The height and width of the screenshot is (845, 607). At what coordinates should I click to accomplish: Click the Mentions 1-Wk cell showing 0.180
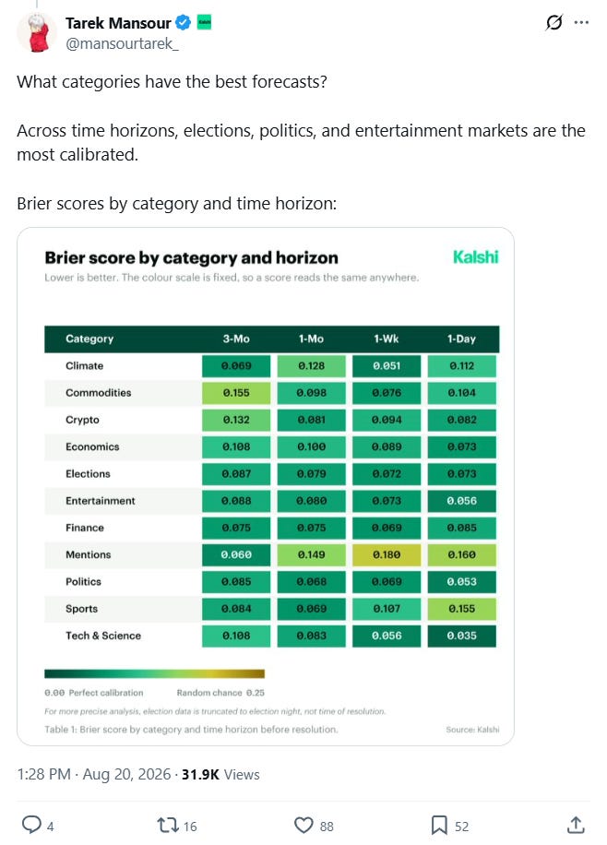[x=387, y=554]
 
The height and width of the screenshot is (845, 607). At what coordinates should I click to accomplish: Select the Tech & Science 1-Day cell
[x=462, y=636]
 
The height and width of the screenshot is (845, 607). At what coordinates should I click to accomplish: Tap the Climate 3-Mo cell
[x=236, y=366]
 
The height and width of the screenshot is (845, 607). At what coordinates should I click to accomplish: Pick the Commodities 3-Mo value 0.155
[x=236, y=393]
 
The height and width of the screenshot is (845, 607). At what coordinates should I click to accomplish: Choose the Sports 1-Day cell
[x=462, y=609]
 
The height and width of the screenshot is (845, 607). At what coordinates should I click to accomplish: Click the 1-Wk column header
[x=386, y=339]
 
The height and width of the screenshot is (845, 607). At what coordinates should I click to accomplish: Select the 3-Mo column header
[x=236, y=339]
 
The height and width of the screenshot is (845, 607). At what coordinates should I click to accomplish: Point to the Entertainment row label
[x=101, y=501]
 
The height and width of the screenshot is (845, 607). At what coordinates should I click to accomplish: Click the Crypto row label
[x=82, y=420]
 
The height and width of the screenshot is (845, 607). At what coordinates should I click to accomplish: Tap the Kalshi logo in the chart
[x=475, y=257]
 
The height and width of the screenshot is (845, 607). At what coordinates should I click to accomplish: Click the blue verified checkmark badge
[x=184, y=23]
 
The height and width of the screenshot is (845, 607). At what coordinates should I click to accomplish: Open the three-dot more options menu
[x=581, y=23]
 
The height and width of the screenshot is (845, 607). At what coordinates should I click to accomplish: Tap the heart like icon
[x=303, y=825]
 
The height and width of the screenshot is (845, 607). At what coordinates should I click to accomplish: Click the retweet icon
[x=167, y=825]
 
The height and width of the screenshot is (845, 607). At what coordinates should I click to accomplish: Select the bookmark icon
[x=439, y=825]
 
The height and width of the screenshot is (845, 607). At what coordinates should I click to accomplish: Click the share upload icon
[x=576, y=825]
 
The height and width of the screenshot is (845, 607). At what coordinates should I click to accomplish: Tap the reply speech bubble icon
[x=31, y=825]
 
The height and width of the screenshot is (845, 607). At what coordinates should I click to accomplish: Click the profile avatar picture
[x=37, y=32]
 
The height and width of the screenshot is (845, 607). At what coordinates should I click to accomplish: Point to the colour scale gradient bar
[x=154, y=673]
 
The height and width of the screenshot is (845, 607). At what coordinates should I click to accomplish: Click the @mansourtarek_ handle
[x=122, y=43]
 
